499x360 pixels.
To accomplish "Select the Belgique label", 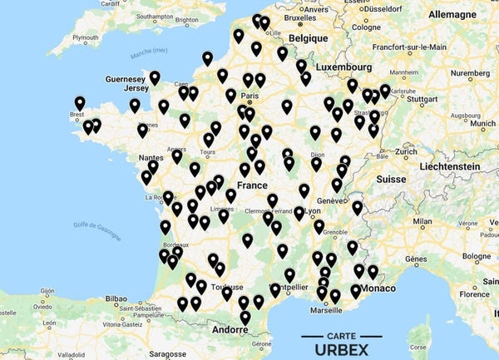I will click(309, 37).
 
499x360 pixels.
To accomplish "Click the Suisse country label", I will click(390, 179).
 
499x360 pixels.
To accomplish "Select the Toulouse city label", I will click(227, 287).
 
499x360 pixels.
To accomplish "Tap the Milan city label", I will click(422, 222).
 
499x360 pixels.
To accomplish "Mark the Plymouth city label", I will click(86, 38).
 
